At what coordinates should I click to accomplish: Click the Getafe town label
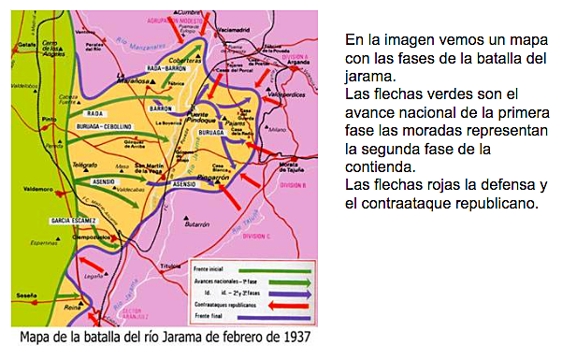click(x=26, y=44)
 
